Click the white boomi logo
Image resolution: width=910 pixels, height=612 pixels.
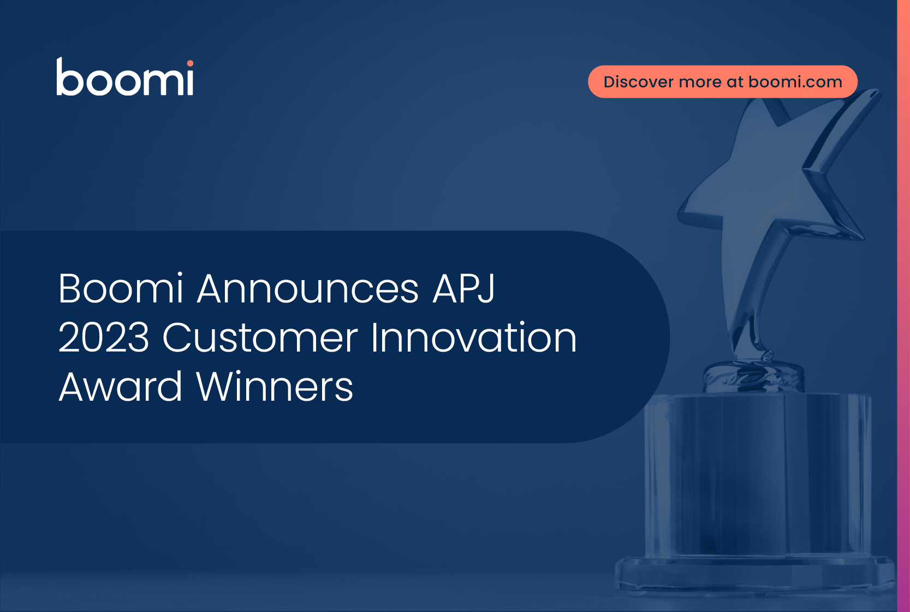pos(124,77)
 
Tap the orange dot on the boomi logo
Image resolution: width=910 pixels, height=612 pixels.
pos(190,63)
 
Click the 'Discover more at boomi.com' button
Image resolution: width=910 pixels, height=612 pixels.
pos(723,82)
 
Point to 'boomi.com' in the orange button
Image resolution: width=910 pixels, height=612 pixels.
pos(795,82)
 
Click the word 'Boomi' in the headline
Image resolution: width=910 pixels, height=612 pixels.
pos(121,288)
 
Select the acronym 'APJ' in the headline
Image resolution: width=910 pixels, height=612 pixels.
pos(463,288)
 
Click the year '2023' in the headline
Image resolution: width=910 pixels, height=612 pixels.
pos(104,337)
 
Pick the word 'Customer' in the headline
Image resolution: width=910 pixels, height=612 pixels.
pos(260,337)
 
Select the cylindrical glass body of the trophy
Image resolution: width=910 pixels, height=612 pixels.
pos(758,476)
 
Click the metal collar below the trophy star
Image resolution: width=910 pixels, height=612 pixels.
pos(753,378)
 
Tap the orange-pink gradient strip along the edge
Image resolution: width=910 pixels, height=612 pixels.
pos(903,306)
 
